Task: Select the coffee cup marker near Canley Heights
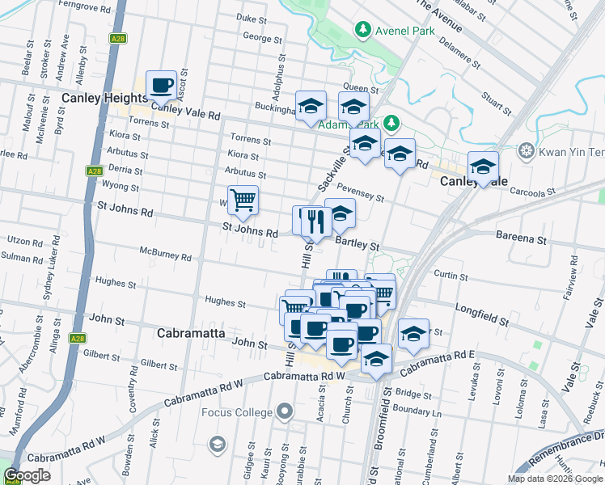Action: click(x=161, y=85)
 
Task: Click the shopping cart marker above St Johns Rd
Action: click(x=243, y=200)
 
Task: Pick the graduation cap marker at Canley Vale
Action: click(x=483, y=167)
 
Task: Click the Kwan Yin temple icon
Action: click(x=527, y=150)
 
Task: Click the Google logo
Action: click(x=27, y=475)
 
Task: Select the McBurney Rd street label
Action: click(x=165, y=258)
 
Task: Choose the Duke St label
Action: click(x=252, y=17)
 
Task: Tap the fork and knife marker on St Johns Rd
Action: click(x=315, y=221)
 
